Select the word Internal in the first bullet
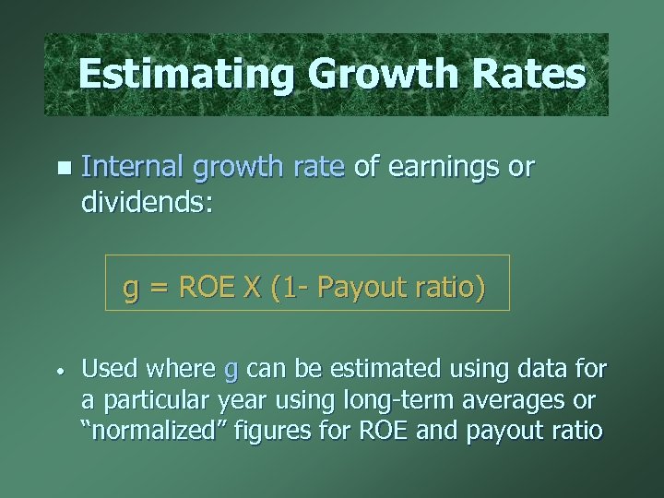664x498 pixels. tap(131, 167)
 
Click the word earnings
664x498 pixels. tap(441, 167)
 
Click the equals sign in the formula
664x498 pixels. tap(159, 289)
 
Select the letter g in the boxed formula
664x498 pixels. tap(131, 290)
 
